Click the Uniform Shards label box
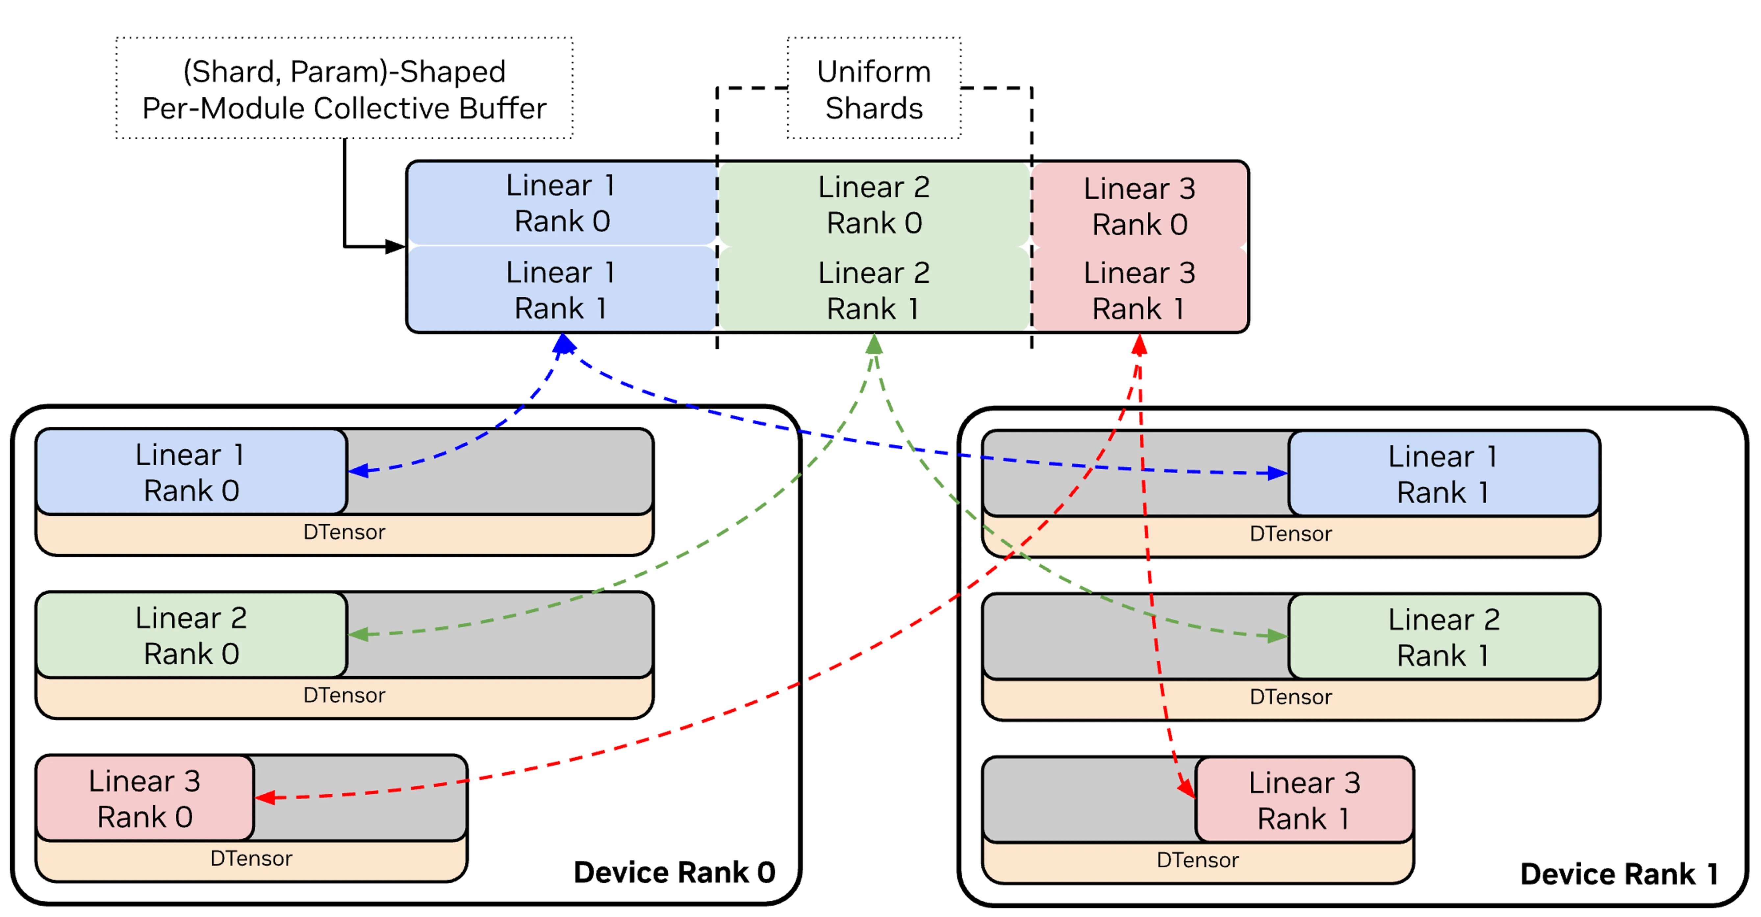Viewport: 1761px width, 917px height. coord(874,88)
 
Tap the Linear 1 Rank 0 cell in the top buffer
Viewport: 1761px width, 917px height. coord(562,203)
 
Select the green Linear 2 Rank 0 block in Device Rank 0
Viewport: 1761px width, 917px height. coord(191,635)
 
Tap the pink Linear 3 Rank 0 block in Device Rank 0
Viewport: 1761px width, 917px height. coord(145,798)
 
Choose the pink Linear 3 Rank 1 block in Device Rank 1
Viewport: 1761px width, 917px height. coord(1304,800)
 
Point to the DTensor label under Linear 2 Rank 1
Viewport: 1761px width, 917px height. coord(1291,697)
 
